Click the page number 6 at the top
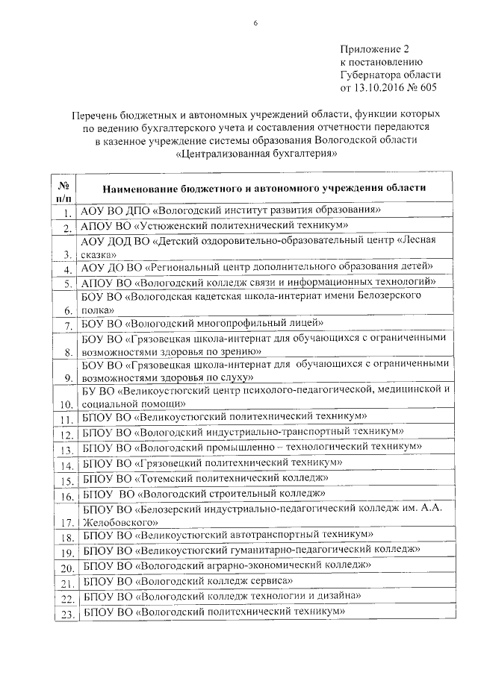[255, 25]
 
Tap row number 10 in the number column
[64, 404]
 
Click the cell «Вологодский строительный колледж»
[205, 493]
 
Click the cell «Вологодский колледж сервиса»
[187, 580]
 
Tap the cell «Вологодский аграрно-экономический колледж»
[227, 565]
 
